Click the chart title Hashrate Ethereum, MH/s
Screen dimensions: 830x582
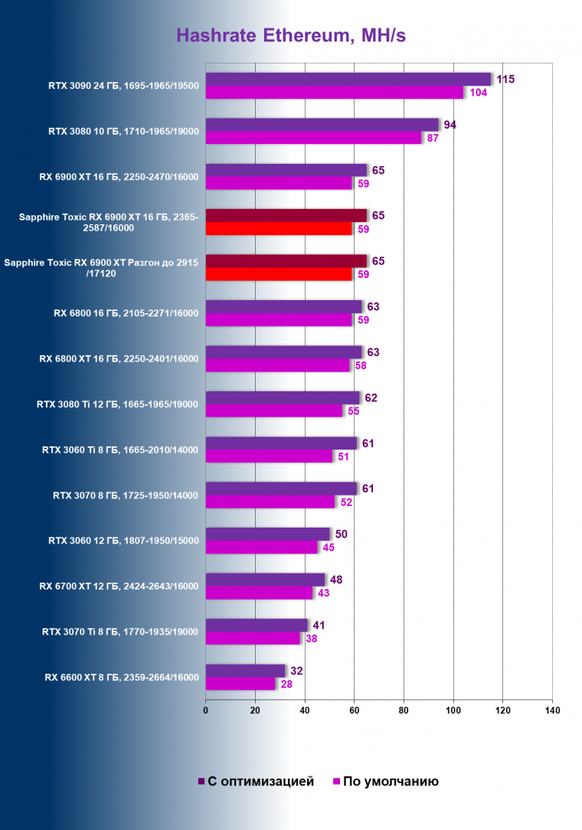[x=291, y=35]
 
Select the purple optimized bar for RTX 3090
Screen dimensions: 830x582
[x=348, y=79]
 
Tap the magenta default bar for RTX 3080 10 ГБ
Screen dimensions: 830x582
[x=313, y=138]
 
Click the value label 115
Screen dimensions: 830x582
[x=505, y=79]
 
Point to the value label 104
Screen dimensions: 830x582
[x=478, y=93]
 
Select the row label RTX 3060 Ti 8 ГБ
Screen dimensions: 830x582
[x=120, y=450]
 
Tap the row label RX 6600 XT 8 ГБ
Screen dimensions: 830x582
[x=122, y=677]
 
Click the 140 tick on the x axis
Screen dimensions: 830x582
[x=551, y=711]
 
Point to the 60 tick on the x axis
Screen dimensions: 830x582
[x=354, y=711]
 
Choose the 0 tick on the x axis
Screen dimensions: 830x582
[x=205, y=711]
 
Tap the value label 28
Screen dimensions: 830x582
[x=286, y=684]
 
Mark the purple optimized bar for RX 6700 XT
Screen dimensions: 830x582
[x=265, y=579]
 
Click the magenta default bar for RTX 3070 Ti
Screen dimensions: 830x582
[x=253, y=638]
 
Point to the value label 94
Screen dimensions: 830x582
[x=450, y=124]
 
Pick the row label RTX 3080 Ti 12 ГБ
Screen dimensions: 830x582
[x=118, y=404]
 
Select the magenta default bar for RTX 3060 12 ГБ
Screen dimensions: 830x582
[x=261, y=547]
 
